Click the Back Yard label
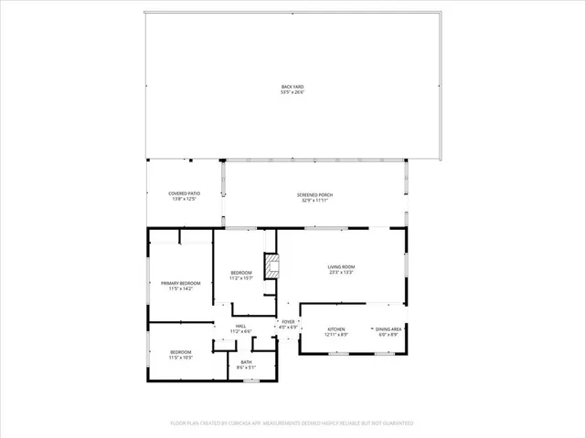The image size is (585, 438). coord(292,87)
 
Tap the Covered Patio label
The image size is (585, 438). coord(184,193)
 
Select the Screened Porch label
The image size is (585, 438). coord(314,194)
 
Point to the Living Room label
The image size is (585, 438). coord(341,266)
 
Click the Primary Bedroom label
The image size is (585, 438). coord(181,283)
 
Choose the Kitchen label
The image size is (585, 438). coord(336,328)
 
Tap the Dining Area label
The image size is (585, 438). coord(388,328)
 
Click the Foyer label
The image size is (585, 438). coord(288,321)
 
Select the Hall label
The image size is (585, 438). coord(240,326)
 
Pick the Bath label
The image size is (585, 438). coord(247,362)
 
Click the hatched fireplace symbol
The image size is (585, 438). coord(271,266)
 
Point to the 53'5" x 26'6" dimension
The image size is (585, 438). coord(292,92)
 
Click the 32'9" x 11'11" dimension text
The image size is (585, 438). coord(314,200)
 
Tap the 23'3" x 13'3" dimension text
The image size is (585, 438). coord(341,272)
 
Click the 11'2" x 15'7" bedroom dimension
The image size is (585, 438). coord(241,277)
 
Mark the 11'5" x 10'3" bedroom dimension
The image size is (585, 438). coord(181,358)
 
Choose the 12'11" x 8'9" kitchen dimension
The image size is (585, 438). coord(336,334)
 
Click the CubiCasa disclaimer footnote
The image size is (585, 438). coord(292,423)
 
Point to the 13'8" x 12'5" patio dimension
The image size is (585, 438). coord(184,199)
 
